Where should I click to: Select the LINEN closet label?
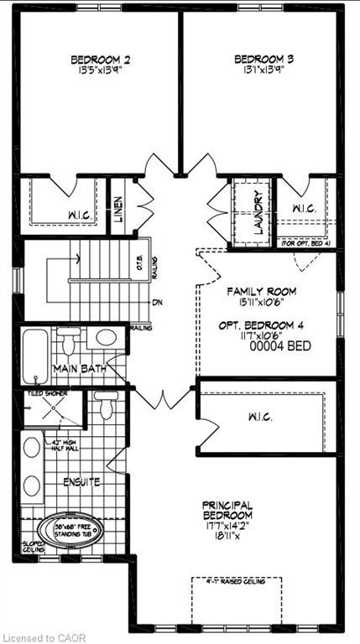coord(118,205)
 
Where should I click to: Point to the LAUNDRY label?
coord(249,213)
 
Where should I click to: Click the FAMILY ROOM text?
coord(262,292)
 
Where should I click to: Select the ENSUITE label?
coord(81,482)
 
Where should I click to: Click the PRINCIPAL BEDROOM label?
coord(227,510)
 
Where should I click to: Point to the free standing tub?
coord(69,530)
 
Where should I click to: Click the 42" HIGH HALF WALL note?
coord(67,448)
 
